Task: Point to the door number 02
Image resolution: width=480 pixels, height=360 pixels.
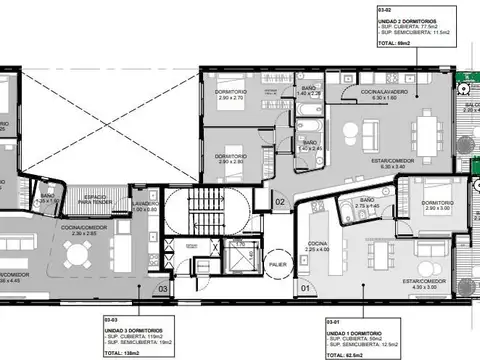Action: pos(281,202)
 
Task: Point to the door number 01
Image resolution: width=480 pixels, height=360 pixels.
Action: pos(305,290)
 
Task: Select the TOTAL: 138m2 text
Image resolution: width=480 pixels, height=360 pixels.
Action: pos(124,351)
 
